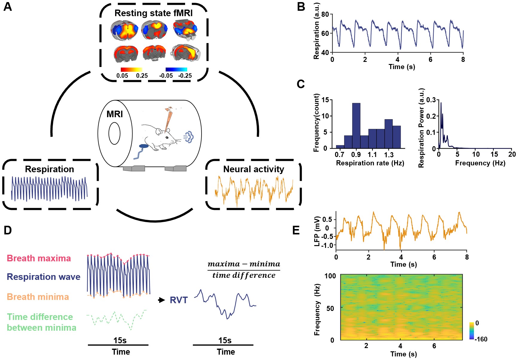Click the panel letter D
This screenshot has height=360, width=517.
click(8, 230)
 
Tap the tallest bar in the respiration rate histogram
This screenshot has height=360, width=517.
click(356, 126)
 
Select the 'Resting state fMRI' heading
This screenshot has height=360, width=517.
click(153, 13)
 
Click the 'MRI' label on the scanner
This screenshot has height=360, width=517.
click(115, 114)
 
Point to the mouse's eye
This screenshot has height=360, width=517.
click(167, 137)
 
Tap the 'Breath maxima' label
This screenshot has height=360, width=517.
click(39, 258)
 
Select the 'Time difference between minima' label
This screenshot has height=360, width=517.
click(41, 322)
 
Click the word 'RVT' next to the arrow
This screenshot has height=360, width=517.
click(179, 300)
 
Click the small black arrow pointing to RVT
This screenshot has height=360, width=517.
click(162, 300)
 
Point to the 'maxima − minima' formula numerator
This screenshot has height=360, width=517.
click(244, 264)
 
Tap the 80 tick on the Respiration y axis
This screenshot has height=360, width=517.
click(325, 14)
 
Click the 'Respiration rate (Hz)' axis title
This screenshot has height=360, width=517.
click(370, 163)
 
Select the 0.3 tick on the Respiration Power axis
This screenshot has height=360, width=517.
click(431, 100)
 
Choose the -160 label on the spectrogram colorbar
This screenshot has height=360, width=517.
click(481, 339)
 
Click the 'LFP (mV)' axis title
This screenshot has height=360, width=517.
click(317, 231)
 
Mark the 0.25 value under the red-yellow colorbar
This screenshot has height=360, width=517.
click(142, 76)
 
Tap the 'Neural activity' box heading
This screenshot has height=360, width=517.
click(254, 169)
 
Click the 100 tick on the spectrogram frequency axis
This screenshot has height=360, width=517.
click(330, 276)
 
